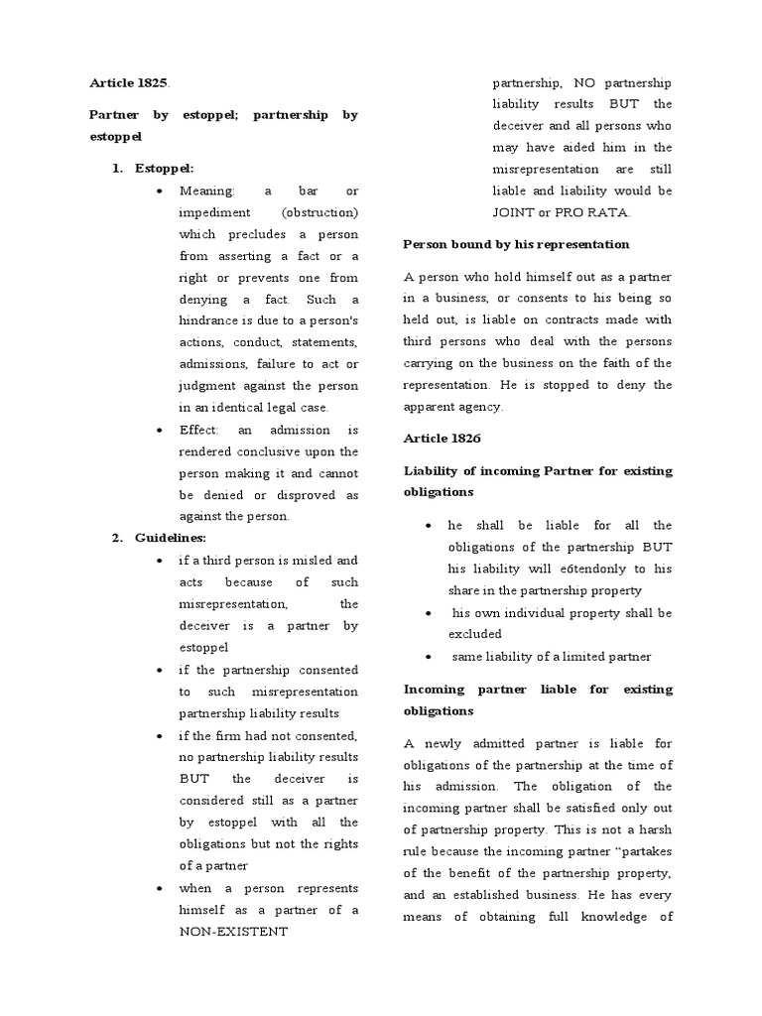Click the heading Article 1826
[x=441, y=438]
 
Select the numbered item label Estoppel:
[x=166, y=169]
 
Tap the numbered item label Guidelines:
[x=173, y=538]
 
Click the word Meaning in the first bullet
[x=206, y=190]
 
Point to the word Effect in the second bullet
[x=200, y=430]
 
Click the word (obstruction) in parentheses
[x=319, y=212]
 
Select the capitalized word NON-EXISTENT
[x=233, y=933]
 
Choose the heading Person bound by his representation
[x=516, y=244]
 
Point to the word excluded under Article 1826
[x=474, y=634]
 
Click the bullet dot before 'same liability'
[x=427, y=657]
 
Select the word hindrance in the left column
[x=211, y=321]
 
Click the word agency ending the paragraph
[x=482, y=406]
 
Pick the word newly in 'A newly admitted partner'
[x=444, y=743]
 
